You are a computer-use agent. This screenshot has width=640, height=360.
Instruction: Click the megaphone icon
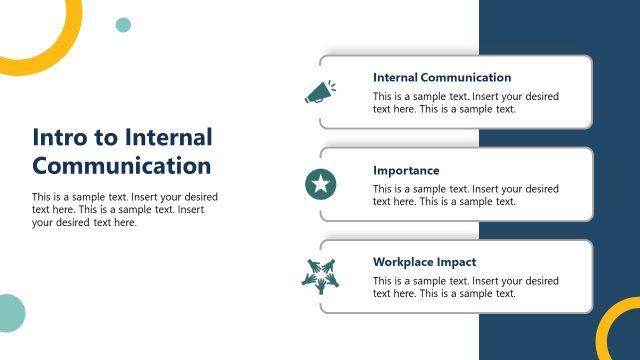click(x=319, y=92)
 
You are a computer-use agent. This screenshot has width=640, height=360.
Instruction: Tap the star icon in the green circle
click(x=320, y=184)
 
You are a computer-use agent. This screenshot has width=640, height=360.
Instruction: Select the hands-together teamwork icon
click(x=320, y=275)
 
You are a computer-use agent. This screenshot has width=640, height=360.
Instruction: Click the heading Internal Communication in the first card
click(x=442, y=77)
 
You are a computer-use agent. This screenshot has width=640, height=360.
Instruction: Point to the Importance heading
click(x=406, y=170)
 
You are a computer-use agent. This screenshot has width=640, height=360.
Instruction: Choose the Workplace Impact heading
click(x=425, y=262)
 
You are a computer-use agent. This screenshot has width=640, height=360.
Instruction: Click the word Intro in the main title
click(x=58, y=137)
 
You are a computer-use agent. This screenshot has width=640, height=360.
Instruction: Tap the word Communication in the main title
click(x=122, y=165)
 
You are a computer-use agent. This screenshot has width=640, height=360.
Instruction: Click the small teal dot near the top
click(x=123, y=25)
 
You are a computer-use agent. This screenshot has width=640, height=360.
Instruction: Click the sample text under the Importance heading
click(x=465, y=195)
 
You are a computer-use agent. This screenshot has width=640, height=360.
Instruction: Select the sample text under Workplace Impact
click(x=465, y=287)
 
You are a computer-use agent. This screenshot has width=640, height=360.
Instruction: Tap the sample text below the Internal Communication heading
click(x=465, y=103)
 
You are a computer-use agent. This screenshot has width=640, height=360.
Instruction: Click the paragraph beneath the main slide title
click(x=125, y=209)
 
